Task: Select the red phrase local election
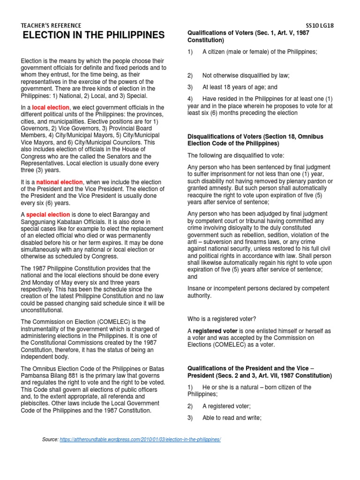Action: tap(51, 108)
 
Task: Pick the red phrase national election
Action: tap(60, 182)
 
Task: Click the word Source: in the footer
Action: tap(50, 439)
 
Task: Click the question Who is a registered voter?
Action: tap(221, 319)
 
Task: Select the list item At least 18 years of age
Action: tap(240, 87)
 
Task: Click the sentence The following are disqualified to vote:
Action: tap(233, 155)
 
